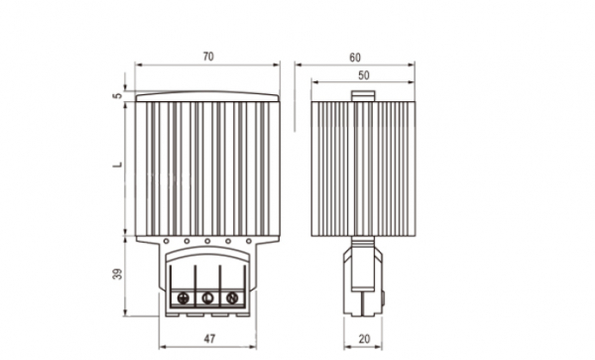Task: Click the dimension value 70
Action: click(207, 58)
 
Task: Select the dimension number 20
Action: click(363, 339)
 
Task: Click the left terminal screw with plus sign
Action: click(184, 298)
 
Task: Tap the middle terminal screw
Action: click(208, 298)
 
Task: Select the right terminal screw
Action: click(232, 298)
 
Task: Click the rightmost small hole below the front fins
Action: click(250, 241)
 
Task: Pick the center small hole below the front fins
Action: click(207, 241)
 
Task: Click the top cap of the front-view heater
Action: click(207, 97)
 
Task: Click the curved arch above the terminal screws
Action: click(207, 260)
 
